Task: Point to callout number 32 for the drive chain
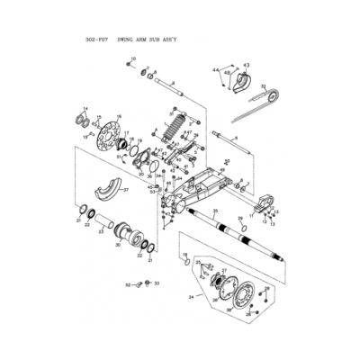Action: point(263,86)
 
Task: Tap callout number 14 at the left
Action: point(86,108)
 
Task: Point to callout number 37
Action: point(126,190)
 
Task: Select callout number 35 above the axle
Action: point(214,211)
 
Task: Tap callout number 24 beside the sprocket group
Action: point(190,295)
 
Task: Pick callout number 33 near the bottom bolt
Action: point(157,283)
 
